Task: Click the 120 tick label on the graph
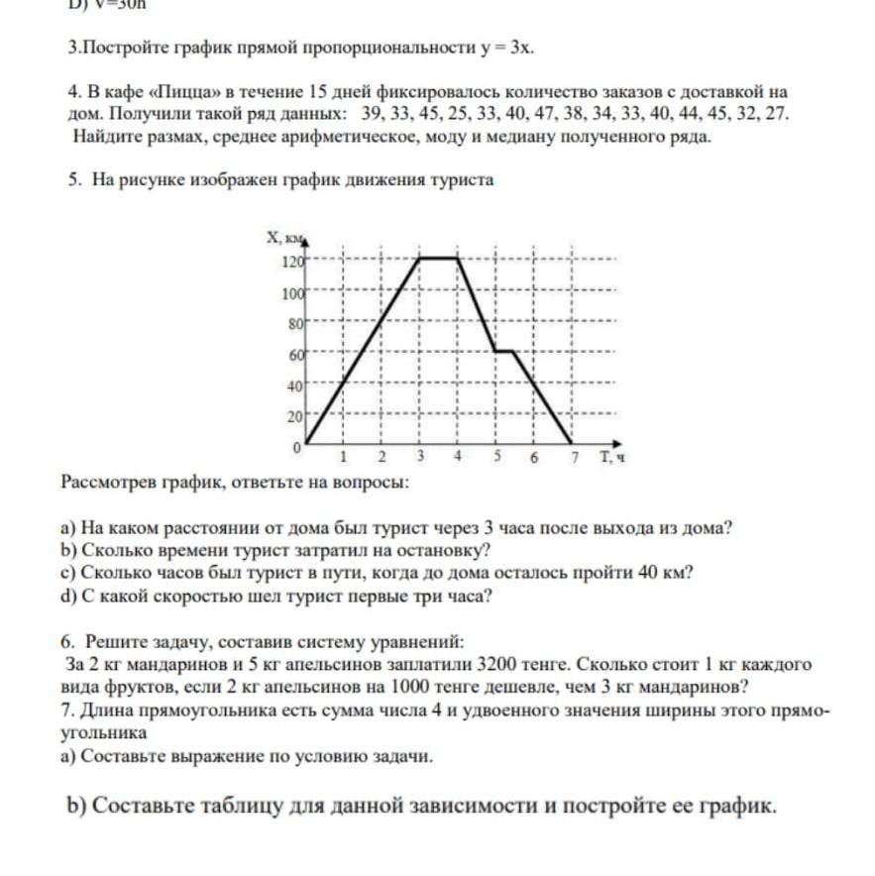pos(291,263)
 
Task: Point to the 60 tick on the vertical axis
pos(294,354)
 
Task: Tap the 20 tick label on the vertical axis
pos(294,416)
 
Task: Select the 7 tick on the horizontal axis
pos(572,458)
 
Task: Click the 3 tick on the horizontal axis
pos(420,458)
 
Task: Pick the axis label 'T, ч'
pos(611,458)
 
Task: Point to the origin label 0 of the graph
pos(295,448)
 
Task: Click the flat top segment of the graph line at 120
pos(439,259)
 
